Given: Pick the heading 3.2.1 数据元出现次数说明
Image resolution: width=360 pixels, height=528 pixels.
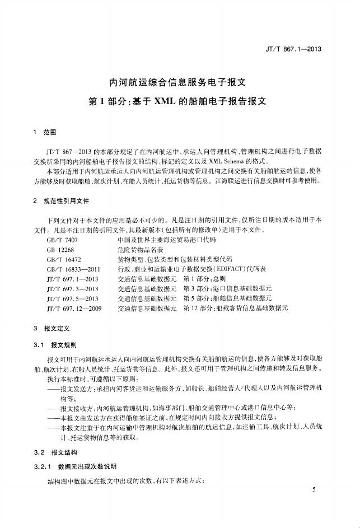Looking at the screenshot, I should (x=74, y=466).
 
